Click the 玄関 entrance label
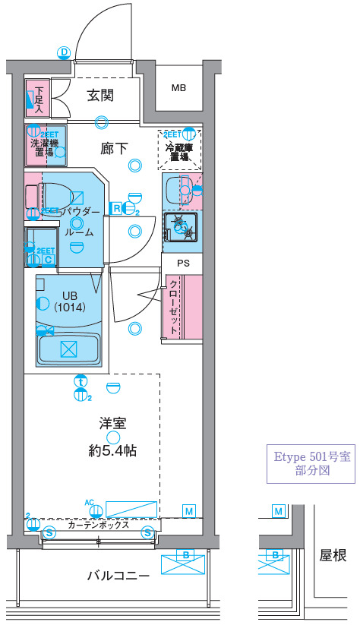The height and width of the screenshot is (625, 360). click(x=99, y=96)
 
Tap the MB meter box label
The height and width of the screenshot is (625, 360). click(x=178, y=88)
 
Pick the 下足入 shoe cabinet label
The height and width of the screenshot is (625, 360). click(x=39, y=97)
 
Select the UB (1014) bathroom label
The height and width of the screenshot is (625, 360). click(x=68, y=301)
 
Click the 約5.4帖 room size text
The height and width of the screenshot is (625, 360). click(x=113, y=450)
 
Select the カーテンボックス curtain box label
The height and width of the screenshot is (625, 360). click(x=97, y=525)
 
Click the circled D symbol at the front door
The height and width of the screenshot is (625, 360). click(x=65, y=52)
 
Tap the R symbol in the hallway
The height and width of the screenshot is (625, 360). click(x=116, y=207)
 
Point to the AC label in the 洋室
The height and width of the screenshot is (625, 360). click(x=89, y=503)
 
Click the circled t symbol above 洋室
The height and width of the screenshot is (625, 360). click(x=80, y=382)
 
